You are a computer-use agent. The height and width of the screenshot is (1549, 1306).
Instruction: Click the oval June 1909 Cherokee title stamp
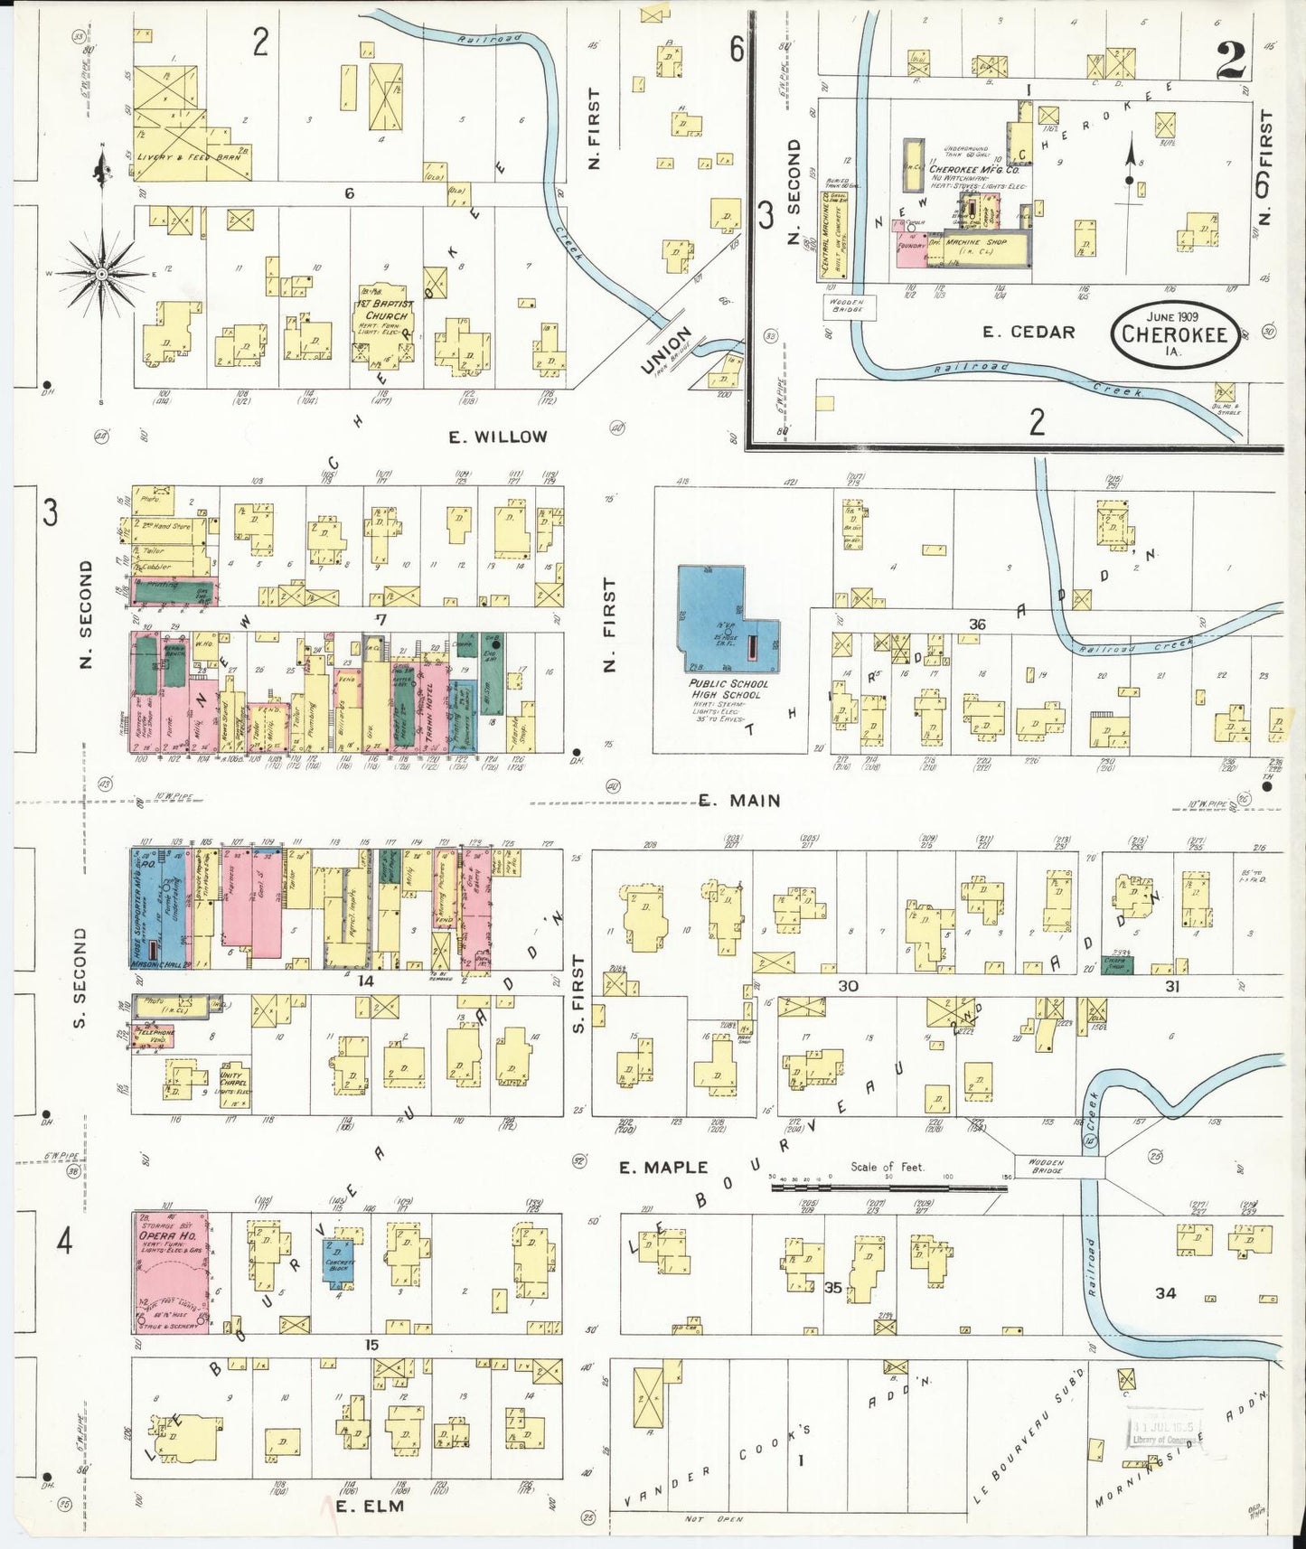click(1174, 333)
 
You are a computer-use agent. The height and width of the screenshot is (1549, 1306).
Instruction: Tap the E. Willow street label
click(498, 437)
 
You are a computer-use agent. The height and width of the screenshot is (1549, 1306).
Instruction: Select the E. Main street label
click(740, 801)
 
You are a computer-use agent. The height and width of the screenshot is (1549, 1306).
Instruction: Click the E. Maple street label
click(662, 1167)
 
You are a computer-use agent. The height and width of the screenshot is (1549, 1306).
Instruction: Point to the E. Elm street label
click(369, 1506)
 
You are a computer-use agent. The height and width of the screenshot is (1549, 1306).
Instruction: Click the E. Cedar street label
click(1029, 332)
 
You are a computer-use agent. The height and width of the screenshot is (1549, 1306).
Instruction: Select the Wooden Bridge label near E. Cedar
click(843, 305)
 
